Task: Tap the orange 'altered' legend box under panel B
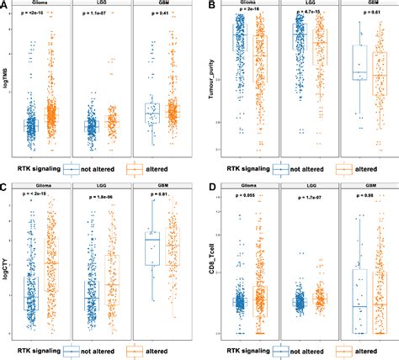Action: [x=342, y=168]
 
